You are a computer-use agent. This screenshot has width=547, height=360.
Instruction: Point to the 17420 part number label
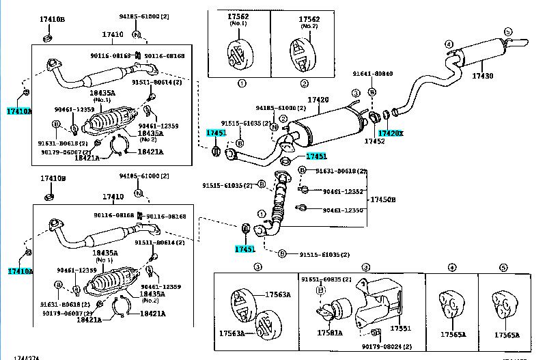[318, 100]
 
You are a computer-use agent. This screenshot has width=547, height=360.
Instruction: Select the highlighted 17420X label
[391, 134]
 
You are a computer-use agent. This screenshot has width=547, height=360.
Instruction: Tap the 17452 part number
[374, 141]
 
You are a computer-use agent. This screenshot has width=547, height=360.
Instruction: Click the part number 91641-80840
[373, 74]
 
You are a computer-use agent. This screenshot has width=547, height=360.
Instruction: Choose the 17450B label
[382, 199]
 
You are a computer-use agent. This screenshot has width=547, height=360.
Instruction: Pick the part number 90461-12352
[343, 192]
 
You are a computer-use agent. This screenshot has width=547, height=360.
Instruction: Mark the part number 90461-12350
[343, 210]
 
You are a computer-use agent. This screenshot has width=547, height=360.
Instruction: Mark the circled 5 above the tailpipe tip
[508, 31]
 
